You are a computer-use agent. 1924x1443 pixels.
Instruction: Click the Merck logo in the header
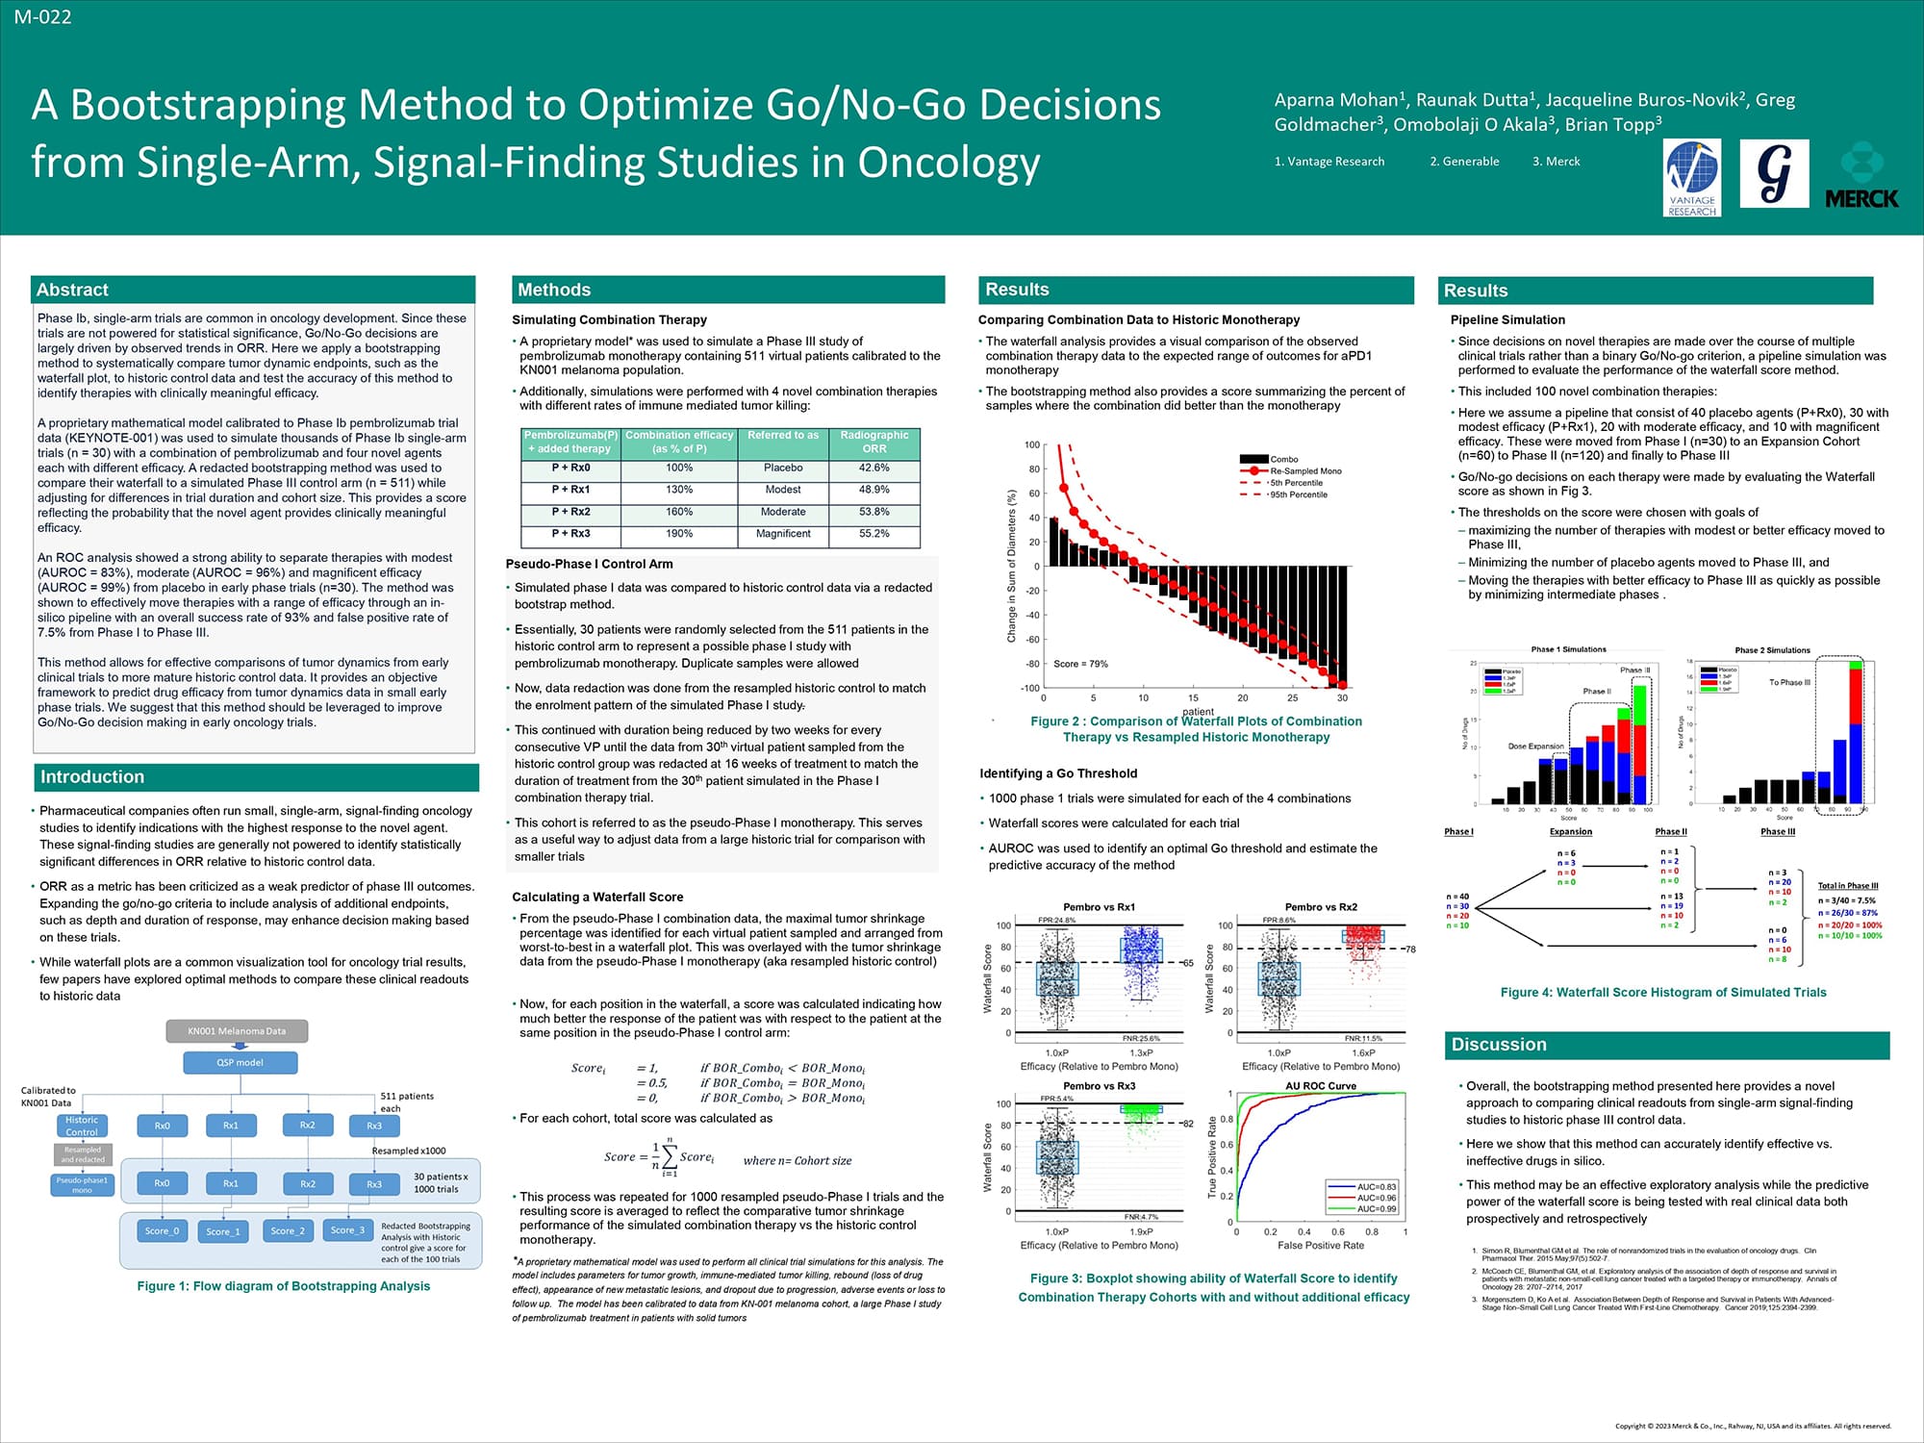point(1861,176)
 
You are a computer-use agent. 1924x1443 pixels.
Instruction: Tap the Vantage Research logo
point(1692,178)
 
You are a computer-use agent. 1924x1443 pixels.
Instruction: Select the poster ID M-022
point(42,16)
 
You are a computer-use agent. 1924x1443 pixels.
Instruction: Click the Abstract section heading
point(72,290)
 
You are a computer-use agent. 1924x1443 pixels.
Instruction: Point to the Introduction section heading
point(91,776)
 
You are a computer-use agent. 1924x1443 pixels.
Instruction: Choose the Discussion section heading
point(1499,1045)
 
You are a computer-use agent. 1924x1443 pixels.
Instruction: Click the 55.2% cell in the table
point(873,533)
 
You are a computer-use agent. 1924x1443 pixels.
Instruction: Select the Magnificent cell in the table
point(783,533)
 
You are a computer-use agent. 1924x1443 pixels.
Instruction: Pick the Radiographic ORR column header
point(873,442)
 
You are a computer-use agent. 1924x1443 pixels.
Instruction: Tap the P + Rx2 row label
point(570,512)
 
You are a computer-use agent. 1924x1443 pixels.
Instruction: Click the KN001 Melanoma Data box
point(237,1031)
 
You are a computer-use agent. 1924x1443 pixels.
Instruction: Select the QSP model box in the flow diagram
point(240,1062)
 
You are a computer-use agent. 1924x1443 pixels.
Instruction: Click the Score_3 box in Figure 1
point(347,1230)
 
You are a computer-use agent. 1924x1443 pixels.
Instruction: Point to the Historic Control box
point(82,1126)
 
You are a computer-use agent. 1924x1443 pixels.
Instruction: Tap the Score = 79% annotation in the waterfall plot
point(1080,664)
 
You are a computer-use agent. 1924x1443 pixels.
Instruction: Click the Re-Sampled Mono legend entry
point(1305,470)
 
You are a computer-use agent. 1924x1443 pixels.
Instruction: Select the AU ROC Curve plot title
point(1321,1086)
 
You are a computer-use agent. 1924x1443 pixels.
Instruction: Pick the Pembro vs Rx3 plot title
point(1099,1086)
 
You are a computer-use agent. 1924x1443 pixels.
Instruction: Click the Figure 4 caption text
point(1662,993)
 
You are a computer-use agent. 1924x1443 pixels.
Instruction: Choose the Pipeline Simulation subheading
point(1507,319)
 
